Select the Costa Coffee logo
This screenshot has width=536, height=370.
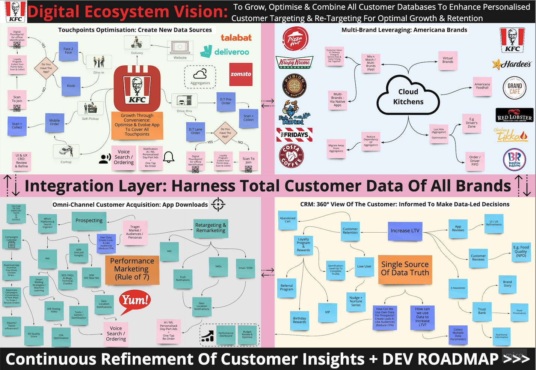(291, 156)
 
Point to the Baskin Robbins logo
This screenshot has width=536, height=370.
(514, 159)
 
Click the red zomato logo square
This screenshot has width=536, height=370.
(241, 74)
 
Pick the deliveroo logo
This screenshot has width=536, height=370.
(225, 52)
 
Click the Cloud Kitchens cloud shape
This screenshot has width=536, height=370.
(408, 96)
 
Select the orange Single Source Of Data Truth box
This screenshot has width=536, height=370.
(405, 269)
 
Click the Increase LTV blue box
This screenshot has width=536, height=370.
(405, 231)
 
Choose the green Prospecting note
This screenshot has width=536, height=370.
(89, 221)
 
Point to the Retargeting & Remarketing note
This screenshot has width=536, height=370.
(211, 228)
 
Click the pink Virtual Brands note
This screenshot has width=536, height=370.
(448, 60)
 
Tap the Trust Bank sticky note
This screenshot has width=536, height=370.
(482, 311)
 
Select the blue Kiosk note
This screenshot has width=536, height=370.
(71, 86)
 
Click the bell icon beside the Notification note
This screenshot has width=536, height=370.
(169, 157)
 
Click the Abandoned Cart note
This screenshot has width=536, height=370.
(287, 220)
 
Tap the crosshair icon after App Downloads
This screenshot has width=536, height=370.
(218, 204)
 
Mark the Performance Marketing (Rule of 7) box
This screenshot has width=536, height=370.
(132, 269)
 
